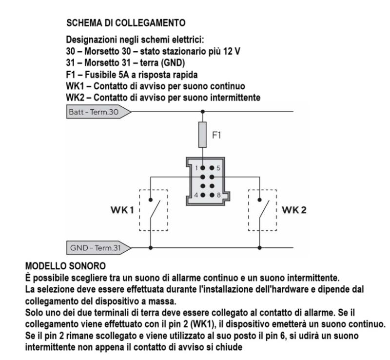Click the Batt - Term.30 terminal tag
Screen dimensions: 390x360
[98, 112]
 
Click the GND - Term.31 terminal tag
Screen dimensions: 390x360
[98, 248]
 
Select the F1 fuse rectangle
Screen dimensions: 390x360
[202, 135]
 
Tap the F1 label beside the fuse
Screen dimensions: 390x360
[216, 135]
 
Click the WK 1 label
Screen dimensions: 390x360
[122, 210]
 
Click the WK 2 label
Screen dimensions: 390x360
[294, 210]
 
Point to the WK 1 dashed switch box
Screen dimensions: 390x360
[139, 210]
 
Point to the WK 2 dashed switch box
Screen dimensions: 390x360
[249, 210]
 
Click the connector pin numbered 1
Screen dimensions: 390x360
[203, 168]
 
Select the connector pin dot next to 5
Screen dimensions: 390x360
[212, 168]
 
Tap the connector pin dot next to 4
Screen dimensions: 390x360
[203, 195]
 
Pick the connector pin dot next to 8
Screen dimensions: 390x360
[212, 195]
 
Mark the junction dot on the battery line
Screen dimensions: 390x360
[203, 112]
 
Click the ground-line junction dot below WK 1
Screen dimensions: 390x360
[151, 248]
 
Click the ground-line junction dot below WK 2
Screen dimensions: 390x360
[260, 248]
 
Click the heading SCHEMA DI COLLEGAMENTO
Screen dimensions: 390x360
[126, 23]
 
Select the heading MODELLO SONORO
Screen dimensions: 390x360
[65, 266]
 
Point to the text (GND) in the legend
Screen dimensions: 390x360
[173, 63]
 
